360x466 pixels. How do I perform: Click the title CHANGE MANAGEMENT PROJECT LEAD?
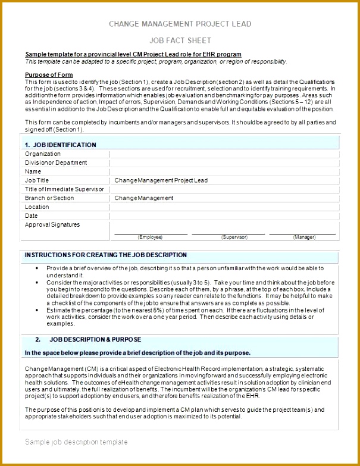pyautogui.click(x=180, y=24)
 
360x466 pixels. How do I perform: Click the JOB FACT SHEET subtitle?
pyautogui.click(x=180, y=40)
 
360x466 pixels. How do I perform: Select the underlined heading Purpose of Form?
pyautogui.click(x=49, y=74)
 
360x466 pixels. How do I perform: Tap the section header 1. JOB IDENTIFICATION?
pyautogui.click(x=60, y=145)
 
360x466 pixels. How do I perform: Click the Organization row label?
pyautogui.click(x=43, y=154)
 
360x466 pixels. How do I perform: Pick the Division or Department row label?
pyautogui.click(x=56, y=162)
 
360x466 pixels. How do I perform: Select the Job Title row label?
pyautogui.click(x=37, y=180)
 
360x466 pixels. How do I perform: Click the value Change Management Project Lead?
pyautogui.click(x=161, y=180)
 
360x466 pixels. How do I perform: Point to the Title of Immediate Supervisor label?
pyautogui.click(x=64, y=189)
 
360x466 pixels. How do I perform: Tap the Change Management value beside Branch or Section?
pyautogui.click(x=143, y=198)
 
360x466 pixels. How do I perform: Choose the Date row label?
pyautogui.click(x=32, y=215)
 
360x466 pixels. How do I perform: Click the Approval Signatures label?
pyautogui.click(x=52, y=224)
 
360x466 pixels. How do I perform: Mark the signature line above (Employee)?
pyautogui.click(x=151, y=233)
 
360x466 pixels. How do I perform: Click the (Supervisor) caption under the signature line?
pyautogui.click(x=234, y=237)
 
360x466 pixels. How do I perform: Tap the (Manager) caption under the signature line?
pyautogui.click(x=304, y=237)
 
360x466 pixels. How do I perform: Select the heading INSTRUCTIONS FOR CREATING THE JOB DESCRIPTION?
pyautogui.click(x=106, y=255)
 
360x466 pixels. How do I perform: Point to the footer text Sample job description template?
pyautogui.click(x=76, y=442)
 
